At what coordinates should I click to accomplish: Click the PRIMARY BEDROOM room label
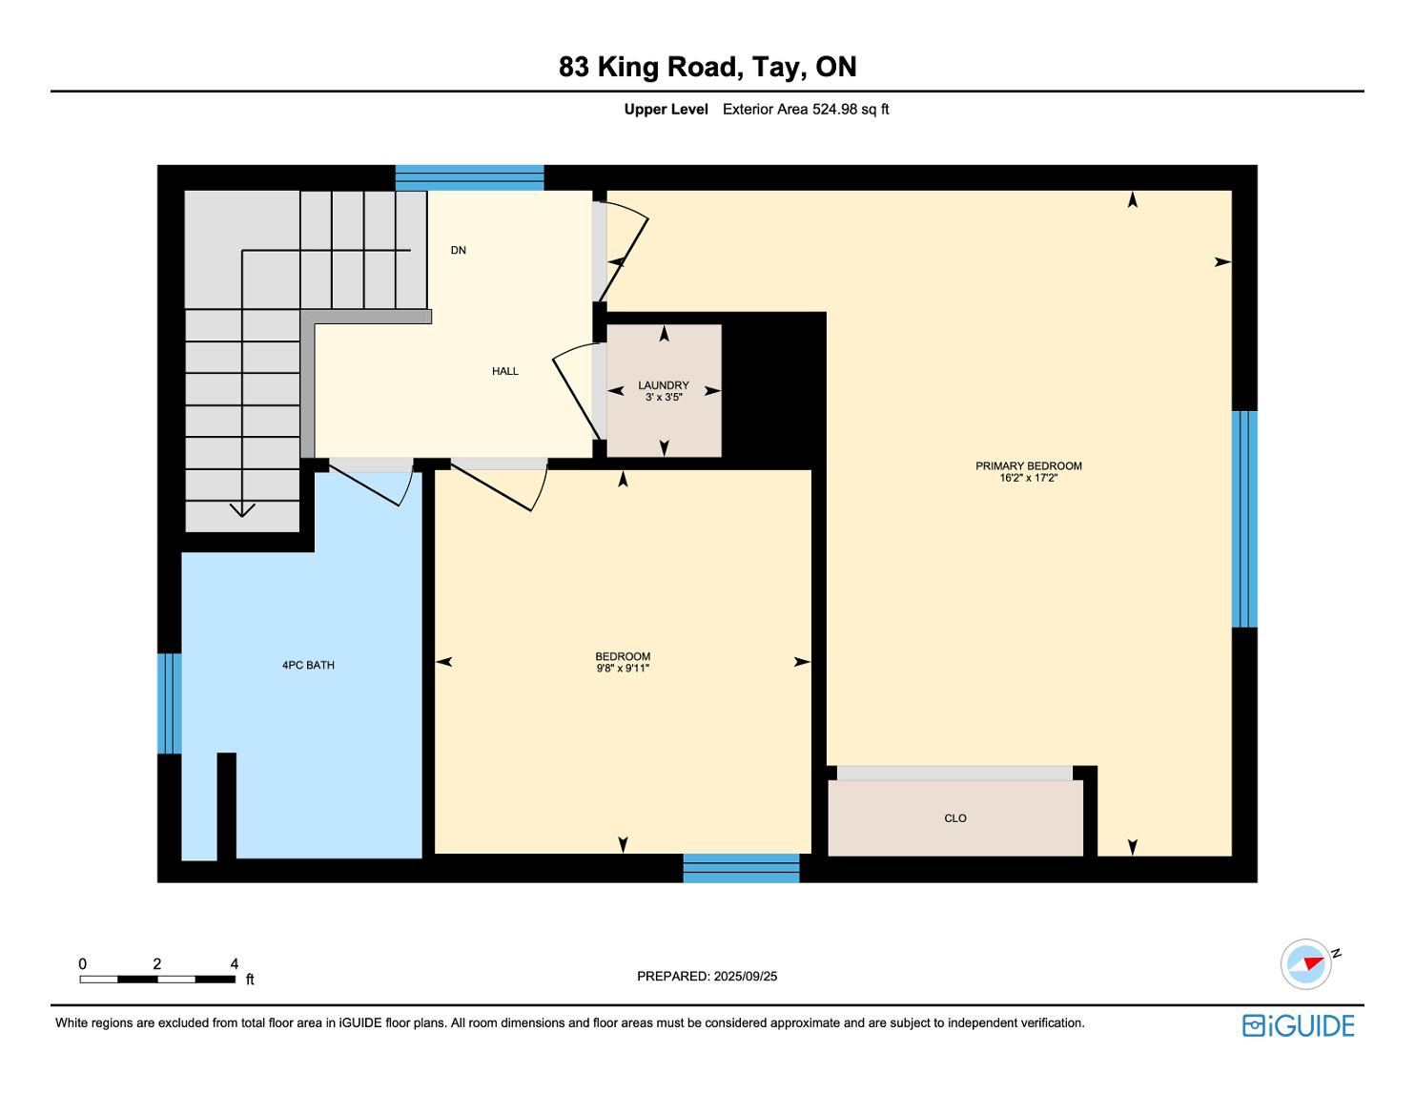[1028, 465]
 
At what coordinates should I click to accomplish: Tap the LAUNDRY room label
[664, 385]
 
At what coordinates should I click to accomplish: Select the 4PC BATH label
[308, 665]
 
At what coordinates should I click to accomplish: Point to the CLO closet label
[955, 818]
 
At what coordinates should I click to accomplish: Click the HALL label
[505, 371]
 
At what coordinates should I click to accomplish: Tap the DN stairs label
[459, 250]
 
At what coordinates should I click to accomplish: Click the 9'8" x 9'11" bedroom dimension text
[624, 668]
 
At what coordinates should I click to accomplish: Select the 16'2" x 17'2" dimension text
[1029, 478]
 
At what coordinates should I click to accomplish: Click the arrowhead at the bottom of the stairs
[242, 510]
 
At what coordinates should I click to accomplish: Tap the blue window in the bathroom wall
[170, 703]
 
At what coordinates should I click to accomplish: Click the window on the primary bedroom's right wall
[1244, 519]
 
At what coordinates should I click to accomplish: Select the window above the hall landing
[469, 177]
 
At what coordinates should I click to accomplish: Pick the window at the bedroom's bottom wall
[741, 869]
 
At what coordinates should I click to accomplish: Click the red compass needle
[1314, 963]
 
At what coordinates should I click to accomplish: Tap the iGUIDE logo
[1299, 1025]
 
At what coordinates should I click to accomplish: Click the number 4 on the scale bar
[235, 963]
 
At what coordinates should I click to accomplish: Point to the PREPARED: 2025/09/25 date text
[707, 976]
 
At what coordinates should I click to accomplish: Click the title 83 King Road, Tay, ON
[707, 67]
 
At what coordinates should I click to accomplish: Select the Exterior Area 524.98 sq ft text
[806, 110]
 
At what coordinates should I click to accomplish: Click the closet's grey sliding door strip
[954, 773]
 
